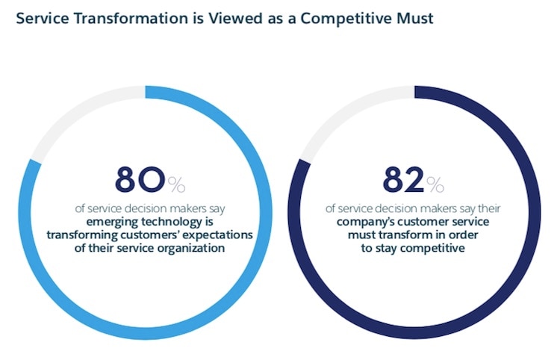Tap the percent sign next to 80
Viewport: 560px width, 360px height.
click(176, 183)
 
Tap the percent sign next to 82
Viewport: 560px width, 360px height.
click(436, 183)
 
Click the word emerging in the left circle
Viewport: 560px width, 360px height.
click(109, 222)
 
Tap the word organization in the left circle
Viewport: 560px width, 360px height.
click(186, 249)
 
